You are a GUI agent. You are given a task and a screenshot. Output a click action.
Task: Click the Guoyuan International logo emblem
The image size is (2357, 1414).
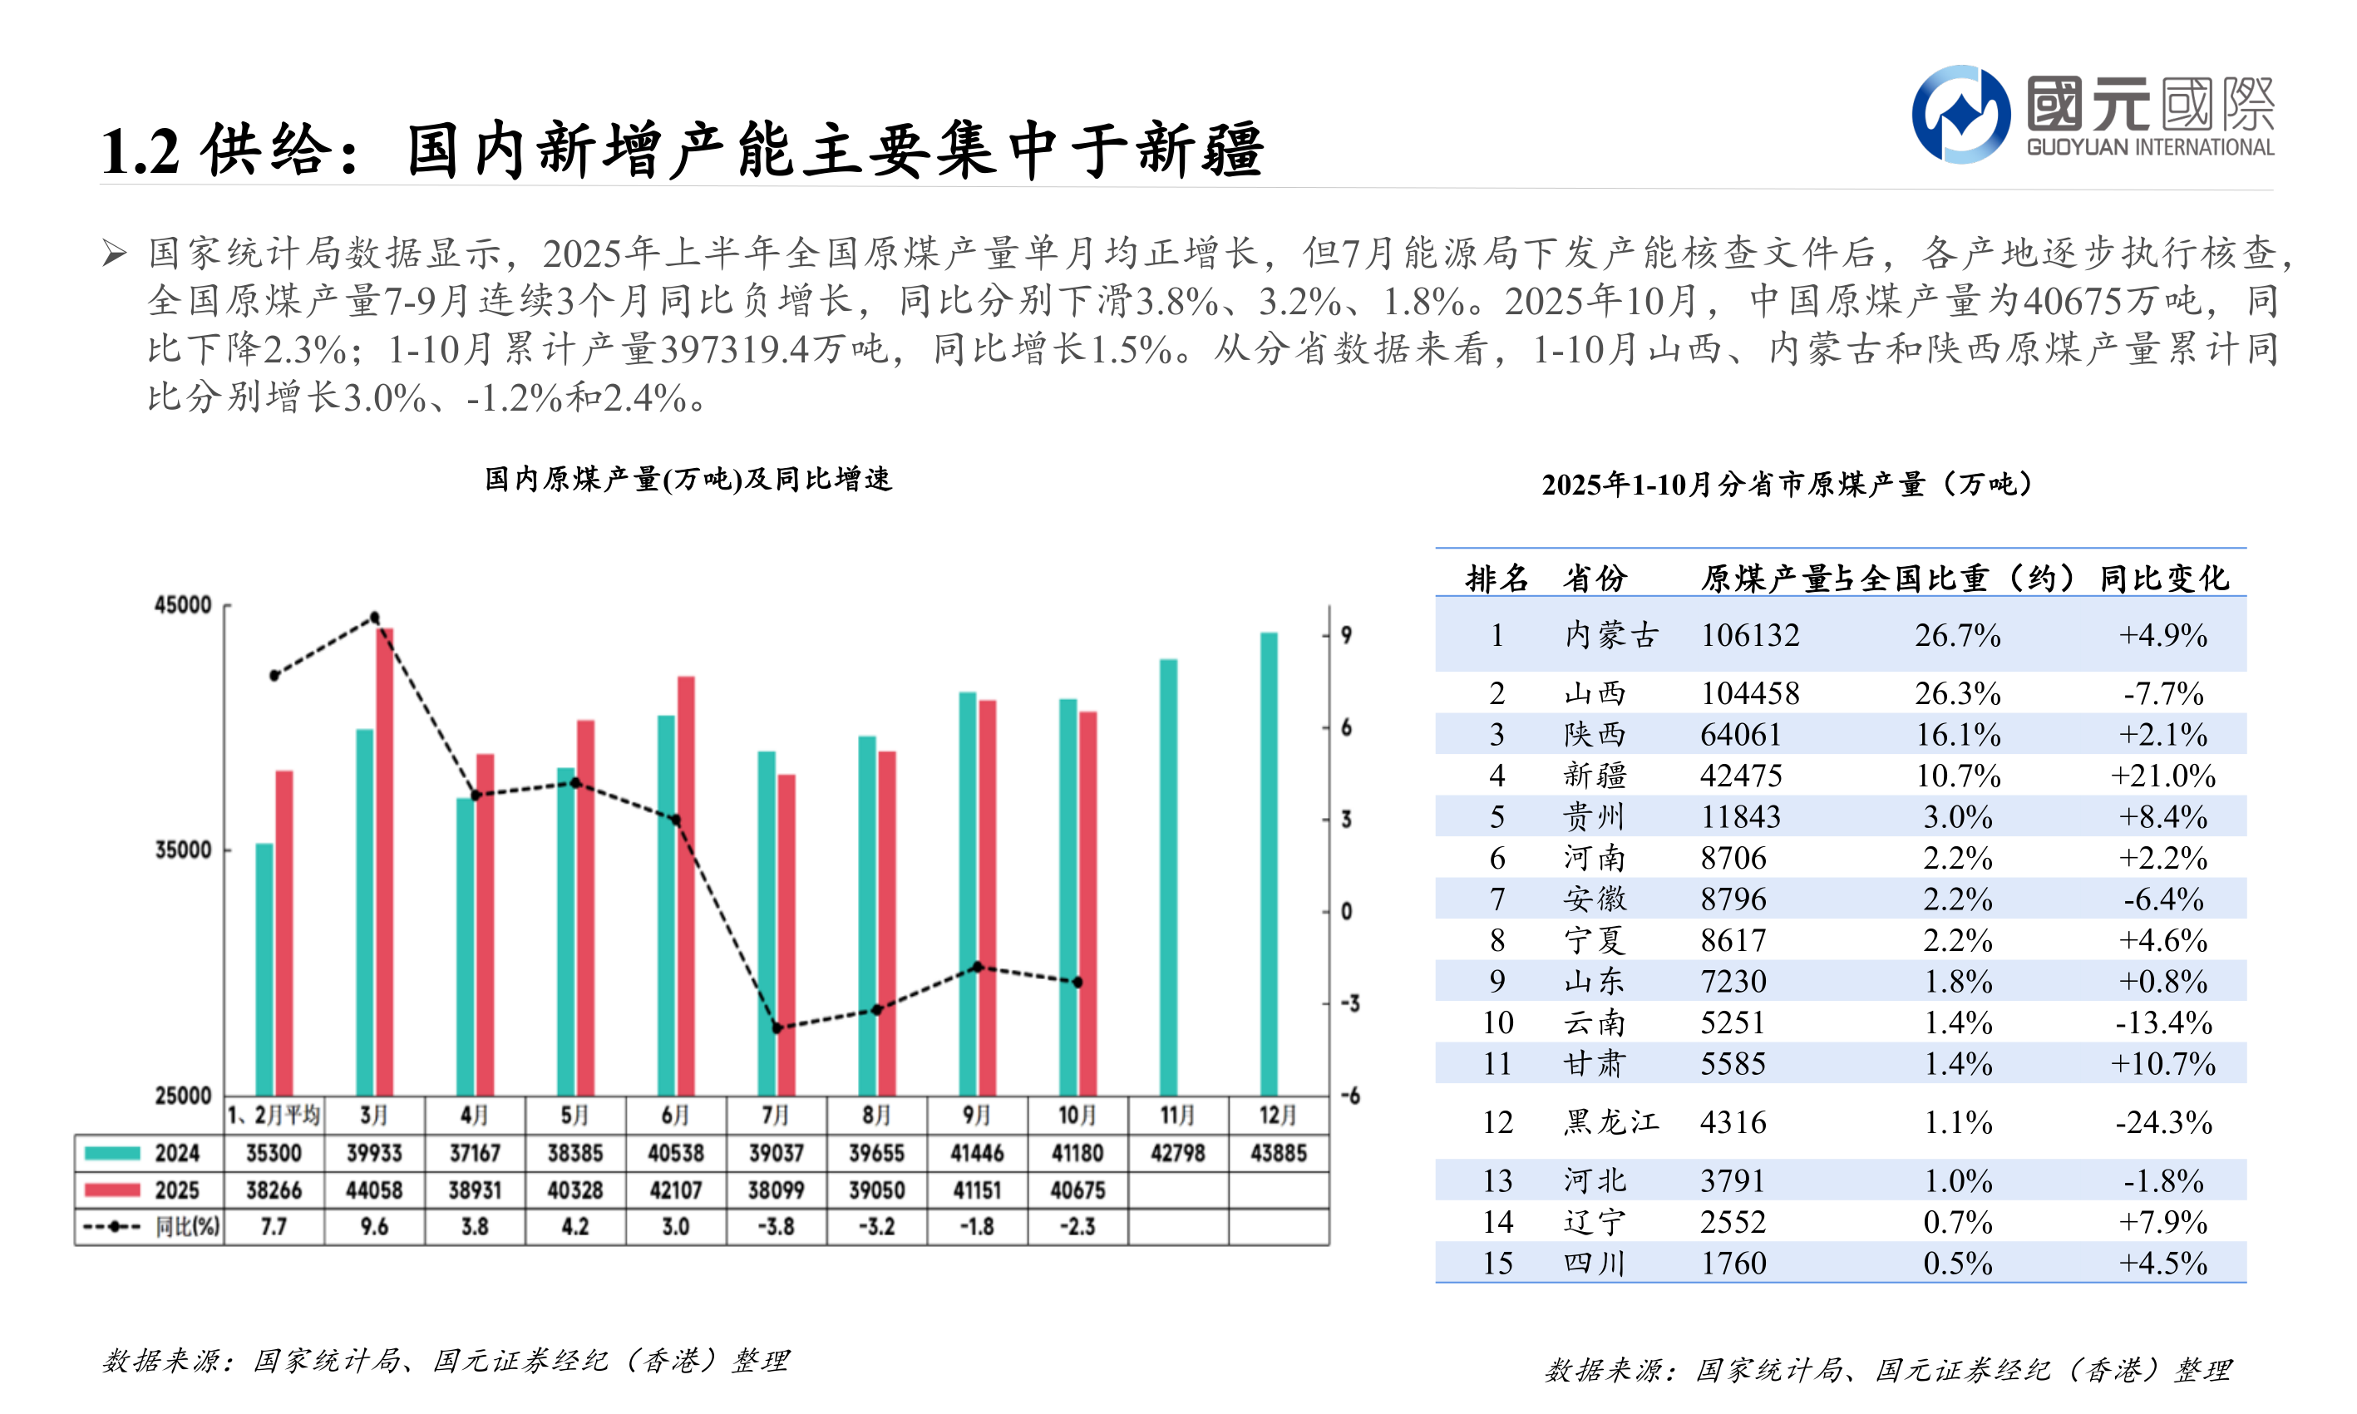click(1960, 115)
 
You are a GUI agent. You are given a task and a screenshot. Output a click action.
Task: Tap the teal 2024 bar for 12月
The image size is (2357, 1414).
click(1268, 862)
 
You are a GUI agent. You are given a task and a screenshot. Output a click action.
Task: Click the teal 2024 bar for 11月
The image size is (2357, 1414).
click(1168, 877)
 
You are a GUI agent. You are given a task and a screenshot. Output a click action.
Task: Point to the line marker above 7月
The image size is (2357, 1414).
click(777, 1028)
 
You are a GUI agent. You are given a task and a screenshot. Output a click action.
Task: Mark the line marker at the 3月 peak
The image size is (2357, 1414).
click(374, 618)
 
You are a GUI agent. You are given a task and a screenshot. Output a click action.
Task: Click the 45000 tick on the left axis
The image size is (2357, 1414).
click(183, 605)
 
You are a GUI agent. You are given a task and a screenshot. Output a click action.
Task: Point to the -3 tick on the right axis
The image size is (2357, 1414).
click(1350, 1003)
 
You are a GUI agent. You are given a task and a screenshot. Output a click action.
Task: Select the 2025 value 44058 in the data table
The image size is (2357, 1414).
click(374, 1190)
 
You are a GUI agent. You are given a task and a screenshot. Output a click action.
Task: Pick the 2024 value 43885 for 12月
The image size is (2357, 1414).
click(1278, 1153)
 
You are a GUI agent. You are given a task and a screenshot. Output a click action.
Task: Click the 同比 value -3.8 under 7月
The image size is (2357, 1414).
click(776, 1226)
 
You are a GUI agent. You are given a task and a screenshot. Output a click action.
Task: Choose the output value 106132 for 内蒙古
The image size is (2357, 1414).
click(1749, 636)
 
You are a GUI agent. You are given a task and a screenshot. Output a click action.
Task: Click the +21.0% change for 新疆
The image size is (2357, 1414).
click(2162, 776)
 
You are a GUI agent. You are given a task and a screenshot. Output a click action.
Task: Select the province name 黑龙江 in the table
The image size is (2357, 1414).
click(1610, 1122)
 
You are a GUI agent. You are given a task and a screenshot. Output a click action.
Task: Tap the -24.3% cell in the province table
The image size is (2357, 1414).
click(2162, 1122)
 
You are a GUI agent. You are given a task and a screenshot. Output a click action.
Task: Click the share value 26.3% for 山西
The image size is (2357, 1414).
click(1957, 693)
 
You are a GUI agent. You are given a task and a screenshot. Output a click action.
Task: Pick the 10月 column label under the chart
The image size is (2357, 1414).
click(1077, 1115)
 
